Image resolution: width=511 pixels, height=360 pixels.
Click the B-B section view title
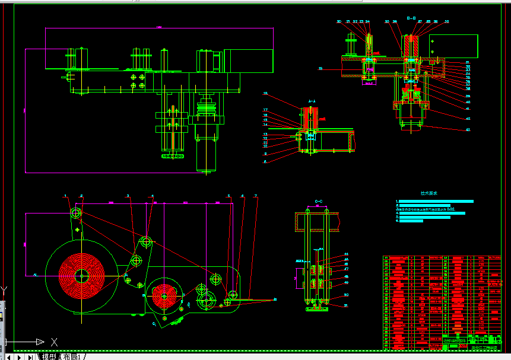click(x=411, y=18)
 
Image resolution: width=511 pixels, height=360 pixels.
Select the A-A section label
click(x=310, y=101)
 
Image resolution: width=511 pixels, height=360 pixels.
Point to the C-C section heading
click(x=318, y=202)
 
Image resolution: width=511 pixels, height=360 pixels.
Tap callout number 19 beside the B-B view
click(x=320, y=69)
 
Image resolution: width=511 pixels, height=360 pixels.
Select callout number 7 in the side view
click(x=256, y=196)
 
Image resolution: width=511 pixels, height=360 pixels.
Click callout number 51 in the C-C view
click(x=346, y=305)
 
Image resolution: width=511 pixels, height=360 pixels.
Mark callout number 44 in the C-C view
click(x=346, y=254)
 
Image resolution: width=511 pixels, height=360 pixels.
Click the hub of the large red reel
click(x=81, y=275)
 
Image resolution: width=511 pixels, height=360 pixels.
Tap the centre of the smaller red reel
click(x=165, y=295)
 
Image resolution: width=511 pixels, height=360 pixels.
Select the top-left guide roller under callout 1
click(x=75, y=213)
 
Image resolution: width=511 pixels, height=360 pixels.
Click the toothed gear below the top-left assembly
click(x=173, y=156)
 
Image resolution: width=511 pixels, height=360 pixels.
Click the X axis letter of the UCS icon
click(x=54, y=342)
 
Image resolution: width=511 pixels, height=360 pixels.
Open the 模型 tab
click(x=49, y=356)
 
